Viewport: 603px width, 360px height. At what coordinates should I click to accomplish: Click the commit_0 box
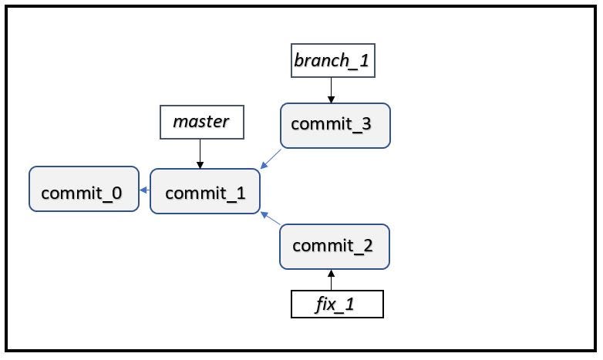pos(84,190)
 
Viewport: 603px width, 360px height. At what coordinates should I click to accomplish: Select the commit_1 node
pos(205,191)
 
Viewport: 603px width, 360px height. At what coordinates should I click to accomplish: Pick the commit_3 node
pos(335,125)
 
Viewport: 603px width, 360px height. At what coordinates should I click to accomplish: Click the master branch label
pos(200,123)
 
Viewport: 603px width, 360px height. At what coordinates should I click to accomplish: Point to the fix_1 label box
pos(336,304)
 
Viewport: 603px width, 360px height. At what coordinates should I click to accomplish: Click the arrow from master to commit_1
pos(200,154)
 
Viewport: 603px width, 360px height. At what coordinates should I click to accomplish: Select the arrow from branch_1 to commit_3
pos(332,90)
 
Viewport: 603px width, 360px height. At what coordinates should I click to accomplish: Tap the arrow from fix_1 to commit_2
pos(332,279)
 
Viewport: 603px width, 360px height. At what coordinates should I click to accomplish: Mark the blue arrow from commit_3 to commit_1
pos(271,159)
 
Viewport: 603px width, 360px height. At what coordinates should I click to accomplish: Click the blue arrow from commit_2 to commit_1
pos(271,218)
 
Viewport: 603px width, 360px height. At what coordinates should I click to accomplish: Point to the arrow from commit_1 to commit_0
pos(144,190)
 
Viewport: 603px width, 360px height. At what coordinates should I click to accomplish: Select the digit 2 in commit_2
pos(367,247)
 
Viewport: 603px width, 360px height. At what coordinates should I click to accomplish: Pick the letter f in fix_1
pos(318,304)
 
